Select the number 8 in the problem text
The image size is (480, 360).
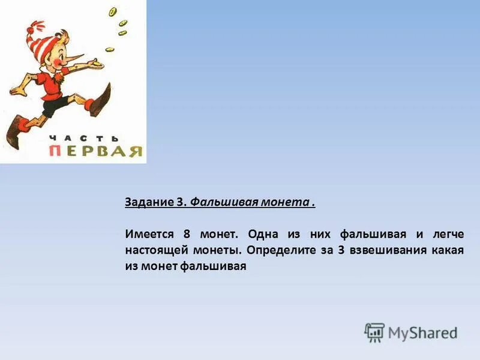pos(186,234)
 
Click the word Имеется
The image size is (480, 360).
pos(149,234)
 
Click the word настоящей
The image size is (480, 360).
pos(154,250)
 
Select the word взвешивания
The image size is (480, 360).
pos(386,250)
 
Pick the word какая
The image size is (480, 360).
pos(446,250)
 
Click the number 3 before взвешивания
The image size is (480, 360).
pos(340,250)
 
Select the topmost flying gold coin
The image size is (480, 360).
pos(113,11)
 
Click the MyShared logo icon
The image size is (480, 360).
pos(374,332)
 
